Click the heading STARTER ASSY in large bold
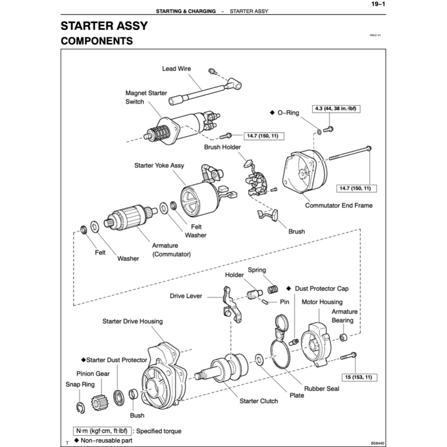[104, 26]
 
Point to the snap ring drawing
[80, 408]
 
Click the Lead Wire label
[176, 69]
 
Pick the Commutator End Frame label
[339, 205]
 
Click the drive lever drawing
[230, 305]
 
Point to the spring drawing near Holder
[273, 288]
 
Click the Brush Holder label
[222, 147]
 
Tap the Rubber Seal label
[321, 389]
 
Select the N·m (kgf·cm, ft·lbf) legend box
[102, 431]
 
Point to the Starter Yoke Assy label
[159, 165]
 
